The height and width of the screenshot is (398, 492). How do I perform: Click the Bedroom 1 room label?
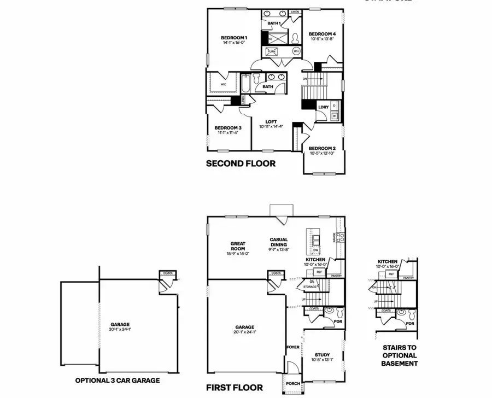(x=230, y=38)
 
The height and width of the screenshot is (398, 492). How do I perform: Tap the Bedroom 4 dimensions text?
(x=322, y=39)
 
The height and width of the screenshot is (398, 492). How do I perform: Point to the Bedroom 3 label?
(x=228, y=127)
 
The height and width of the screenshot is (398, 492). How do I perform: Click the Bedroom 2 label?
(x=322, y=148)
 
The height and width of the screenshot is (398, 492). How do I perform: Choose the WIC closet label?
(x=224, y=85)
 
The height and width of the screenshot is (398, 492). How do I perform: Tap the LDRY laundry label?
(x=323, y=107)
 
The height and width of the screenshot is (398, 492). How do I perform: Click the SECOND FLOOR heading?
(x=241, y=163)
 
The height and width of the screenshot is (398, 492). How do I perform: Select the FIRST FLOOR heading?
(x=235, y=388)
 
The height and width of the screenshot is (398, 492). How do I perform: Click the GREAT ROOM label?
(x=238, y=247)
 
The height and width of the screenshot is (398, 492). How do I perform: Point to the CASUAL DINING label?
(x=279, y=242)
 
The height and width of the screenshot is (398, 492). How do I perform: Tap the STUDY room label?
(x=322, y=354)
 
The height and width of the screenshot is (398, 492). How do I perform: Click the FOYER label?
(x=294, y=347)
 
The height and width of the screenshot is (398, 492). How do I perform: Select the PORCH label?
(x=294, y=383)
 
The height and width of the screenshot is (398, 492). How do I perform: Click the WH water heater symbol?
(x=296, y=51)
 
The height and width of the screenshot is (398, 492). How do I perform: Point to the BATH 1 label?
(x=274, y=24)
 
